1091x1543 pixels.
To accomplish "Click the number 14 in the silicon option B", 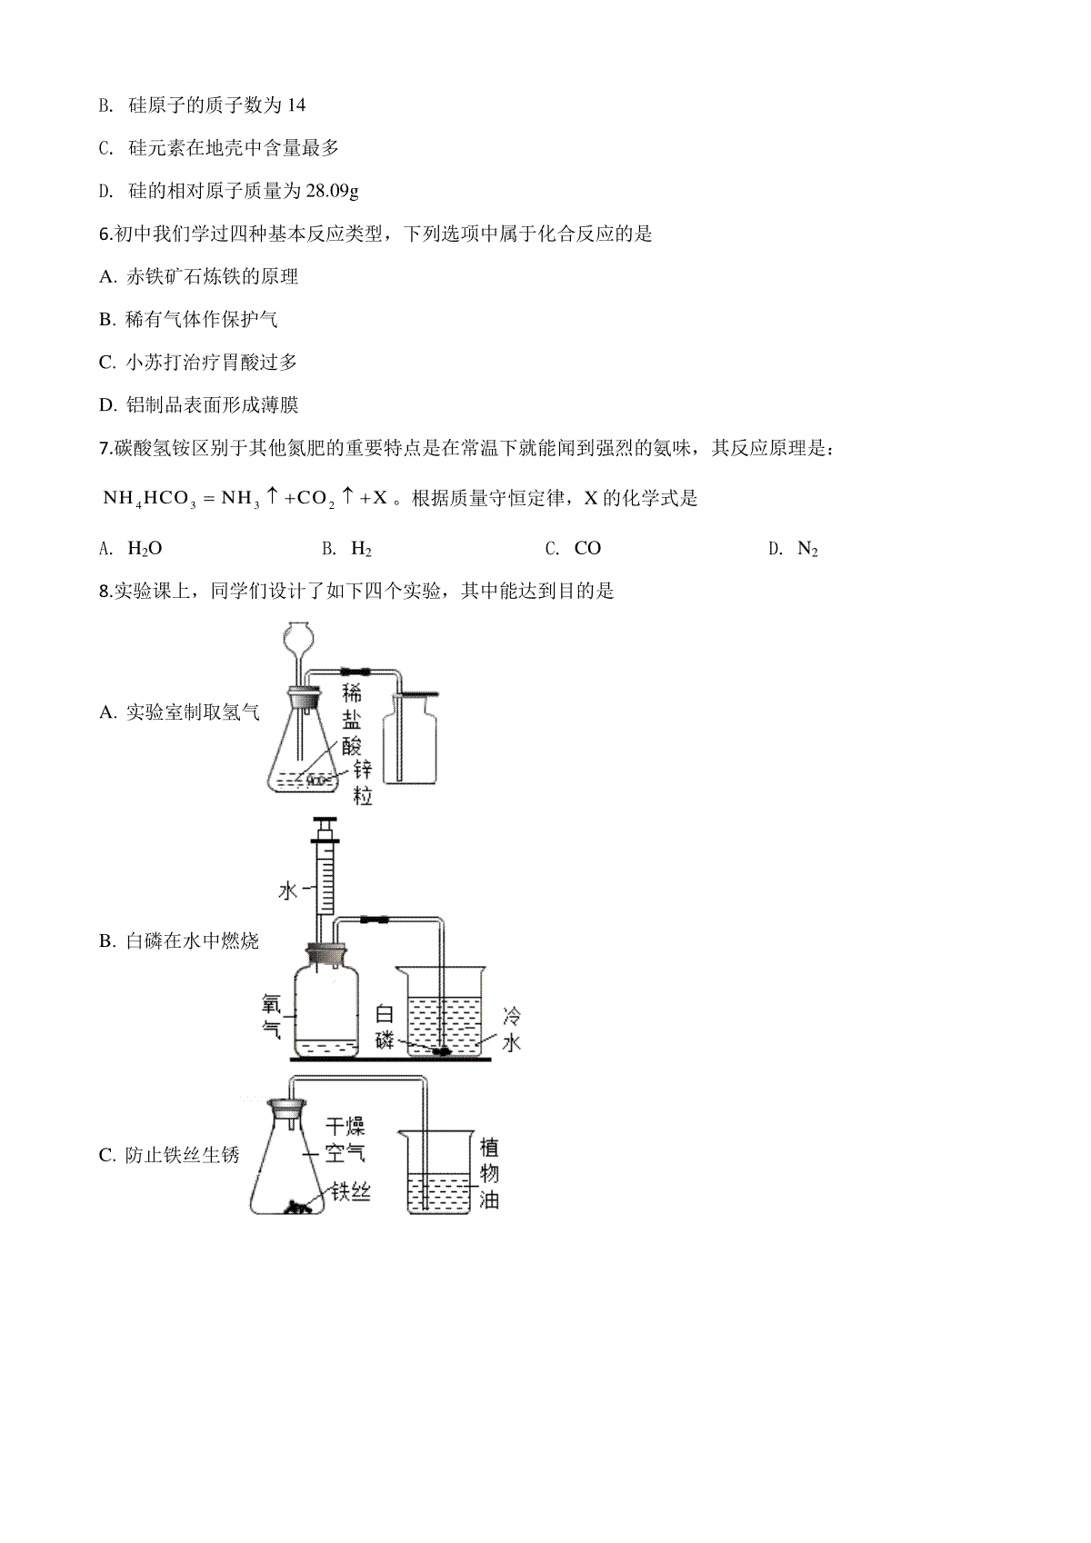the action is click(x=296, y=105).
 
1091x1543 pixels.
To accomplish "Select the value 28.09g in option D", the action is click(x=332, y=191).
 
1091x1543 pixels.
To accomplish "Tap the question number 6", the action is click(x=105, y=234).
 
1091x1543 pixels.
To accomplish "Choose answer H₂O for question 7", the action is click(x=145, y=548).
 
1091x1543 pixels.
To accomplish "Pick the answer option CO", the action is click(x=588, y=548).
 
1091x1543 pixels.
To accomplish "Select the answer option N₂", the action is click(x=807, y=549).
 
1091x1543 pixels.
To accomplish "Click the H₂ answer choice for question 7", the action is click(x=361, y=549).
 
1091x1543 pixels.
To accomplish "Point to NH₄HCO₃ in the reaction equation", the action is click(x=149, y=499).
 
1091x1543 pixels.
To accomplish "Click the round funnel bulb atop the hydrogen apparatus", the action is click(x=298, y=635).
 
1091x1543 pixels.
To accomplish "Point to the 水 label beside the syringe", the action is click(x=287, y=891).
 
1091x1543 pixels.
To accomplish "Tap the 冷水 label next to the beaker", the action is click(x=511, y=1030).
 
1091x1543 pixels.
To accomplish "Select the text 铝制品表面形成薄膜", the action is click(x=212, y=405).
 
